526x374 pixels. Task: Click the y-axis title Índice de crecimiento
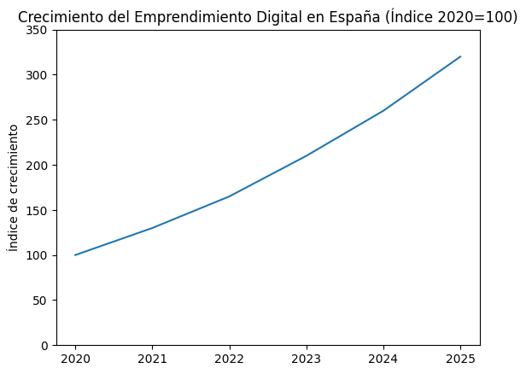pyautogui.click(x=14, y=187)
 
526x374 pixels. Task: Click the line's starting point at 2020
pyautogui.click(x=75, y=255)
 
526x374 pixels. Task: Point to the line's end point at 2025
pyautogui.click(x=460, y=56)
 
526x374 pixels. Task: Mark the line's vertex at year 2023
pyautogui.click(x=307, y=155)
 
